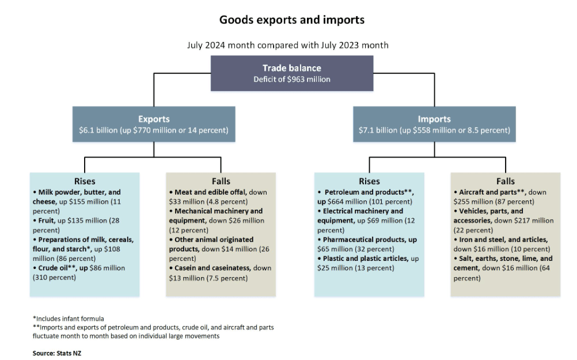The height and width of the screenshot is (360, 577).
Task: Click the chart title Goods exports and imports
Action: pos(291,20)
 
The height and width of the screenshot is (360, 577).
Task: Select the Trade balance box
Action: pos(291,73)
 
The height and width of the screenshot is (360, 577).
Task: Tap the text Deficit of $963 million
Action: pos(291,79)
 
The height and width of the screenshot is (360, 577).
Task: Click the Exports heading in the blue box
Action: pos(153,119)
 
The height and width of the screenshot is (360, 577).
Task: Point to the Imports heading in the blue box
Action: pos(434,119)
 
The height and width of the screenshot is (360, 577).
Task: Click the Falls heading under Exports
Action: pos(220,181)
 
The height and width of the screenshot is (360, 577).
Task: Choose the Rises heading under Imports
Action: pos(369,181)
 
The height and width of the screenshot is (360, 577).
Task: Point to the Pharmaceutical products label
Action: pos(364,240)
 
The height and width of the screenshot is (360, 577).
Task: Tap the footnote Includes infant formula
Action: pos(69,318)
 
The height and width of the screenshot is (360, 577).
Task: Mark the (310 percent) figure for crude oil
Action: pos(55,277)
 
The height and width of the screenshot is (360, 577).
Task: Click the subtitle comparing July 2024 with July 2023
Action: pos(288,45)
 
